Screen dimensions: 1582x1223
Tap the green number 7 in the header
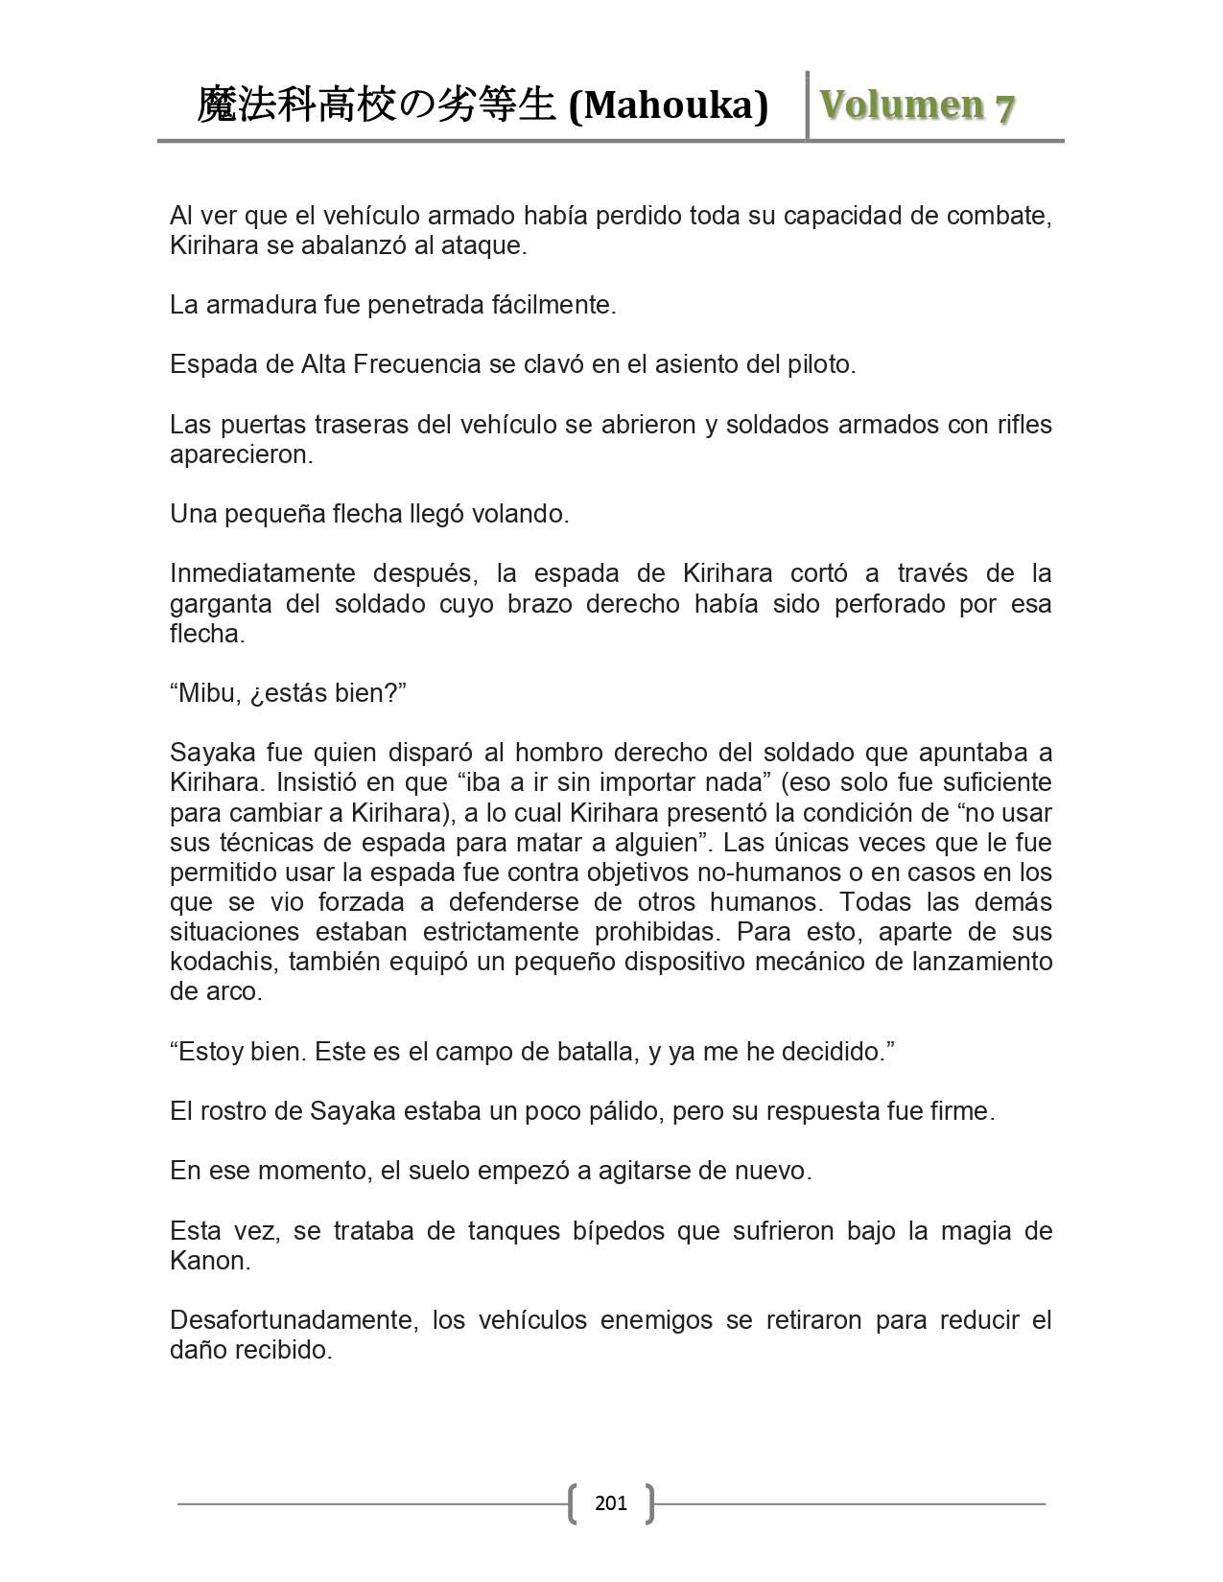(1004, 107)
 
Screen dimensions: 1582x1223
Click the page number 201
(611, 1502)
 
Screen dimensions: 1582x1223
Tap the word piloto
(817, 364)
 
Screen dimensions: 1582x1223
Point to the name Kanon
(209, 1261)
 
